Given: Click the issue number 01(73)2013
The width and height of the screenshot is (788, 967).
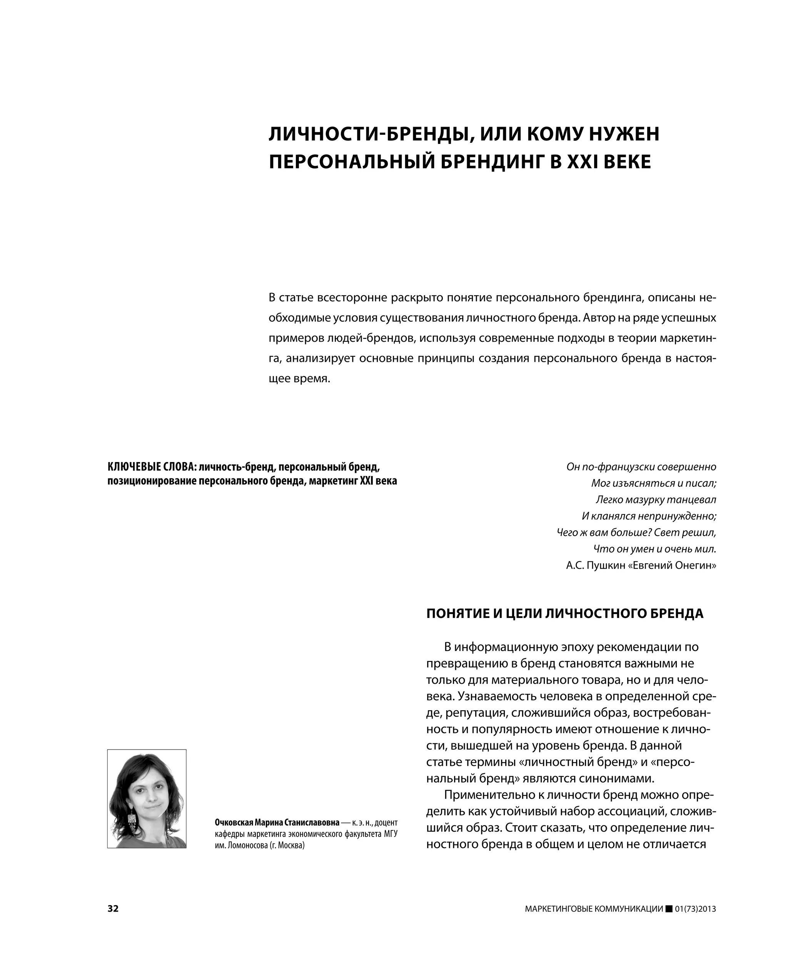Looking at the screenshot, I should (x=695, y=909).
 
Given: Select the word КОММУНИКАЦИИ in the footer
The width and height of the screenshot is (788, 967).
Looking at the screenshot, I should (x=629, y=909).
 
